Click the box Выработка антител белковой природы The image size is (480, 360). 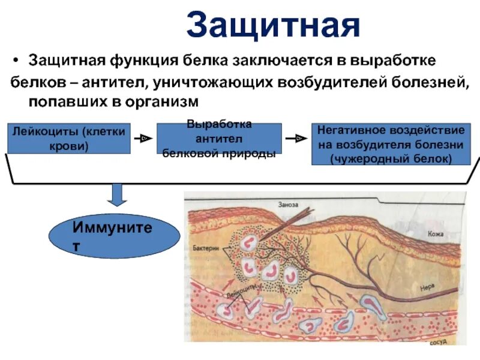point(219,139)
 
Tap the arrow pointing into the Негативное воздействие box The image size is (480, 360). point(296,139)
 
